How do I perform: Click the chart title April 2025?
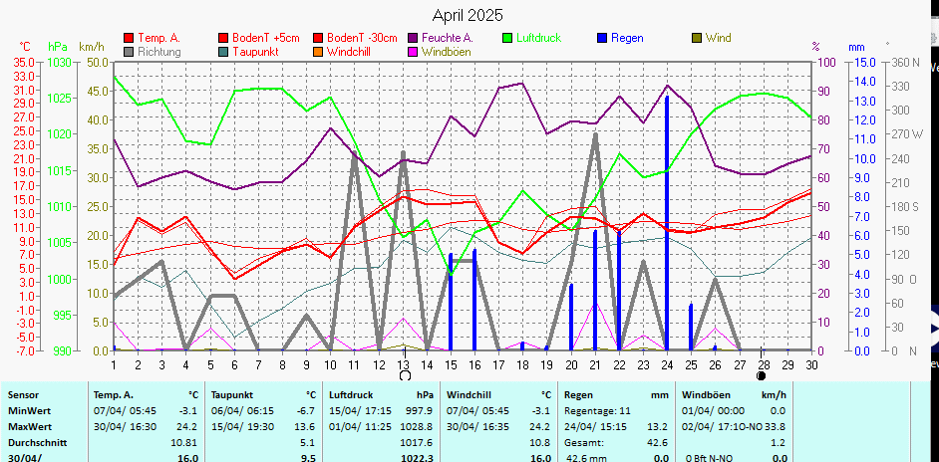[468, 15]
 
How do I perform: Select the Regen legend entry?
[626, 38]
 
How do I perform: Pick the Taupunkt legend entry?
[254, 51]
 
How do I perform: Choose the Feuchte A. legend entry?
[447, 38]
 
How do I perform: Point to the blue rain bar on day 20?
[571, 317]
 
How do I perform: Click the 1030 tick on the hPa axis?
[60, 62]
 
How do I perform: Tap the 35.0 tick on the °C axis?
[24, 62]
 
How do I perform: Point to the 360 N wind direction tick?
[905, 62]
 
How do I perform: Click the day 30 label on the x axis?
[811, 364]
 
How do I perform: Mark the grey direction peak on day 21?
[595, 135]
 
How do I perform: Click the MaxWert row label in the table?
[30, 425]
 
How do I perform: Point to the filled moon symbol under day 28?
[762, 376]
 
